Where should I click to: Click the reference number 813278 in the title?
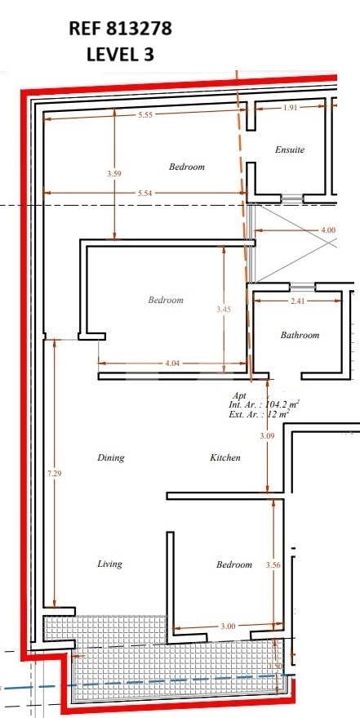pos(140,29)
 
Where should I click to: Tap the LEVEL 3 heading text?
pos(120,55)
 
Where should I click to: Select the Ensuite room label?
pos(290,149)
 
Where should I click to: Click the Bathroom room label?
pos(300,335)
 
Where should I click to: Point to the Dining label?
pos(111,458)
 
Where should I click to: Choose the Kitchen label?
pos(225,457)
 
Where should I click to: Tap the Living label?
pos(109,564)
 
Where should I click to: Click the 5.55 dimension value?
pos(144,115)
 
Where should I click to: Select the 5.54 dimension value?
pos(144,194)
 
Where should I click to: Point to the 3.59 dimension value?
pos(114,173)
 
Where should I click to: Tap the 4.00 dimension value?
pos(328,230)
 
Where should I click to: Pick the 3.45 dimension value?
pos(224,309)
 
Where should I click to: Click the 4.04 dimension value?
pos(171,363)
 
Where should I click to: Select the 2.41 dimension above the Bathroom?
pos(297,301)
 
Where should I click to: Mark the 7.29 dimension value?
pos(55,474)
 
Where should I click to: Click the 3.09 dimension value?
pos(267,436)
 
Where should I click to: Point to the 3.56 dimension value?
pos(273,565)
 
